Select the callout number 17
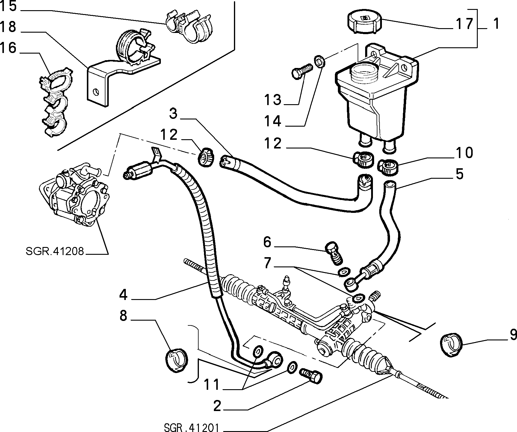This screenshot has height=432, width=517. pyautogui.click(x=464, y=24)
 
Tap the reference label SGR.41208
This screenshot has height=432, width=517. pyautogui.click(x=55, y=251)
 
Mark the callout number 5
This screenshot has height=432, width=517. pyautogui.click(x=459, y=174)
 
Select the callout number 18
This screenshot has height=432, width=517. pyautogui.click(x=8, y=27)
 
